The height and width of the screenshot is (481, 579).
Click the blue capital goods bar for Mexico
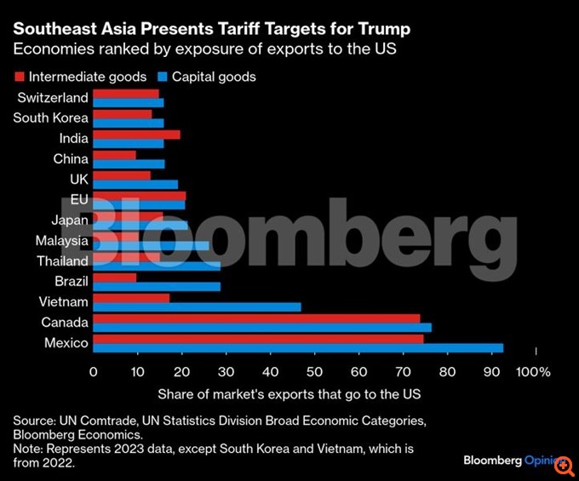pos(298,348)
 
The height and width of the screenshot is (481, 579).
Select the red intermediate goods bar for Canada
pos(256,318)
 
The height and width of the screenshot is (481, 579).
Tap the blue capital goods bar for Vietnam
pos(197,307)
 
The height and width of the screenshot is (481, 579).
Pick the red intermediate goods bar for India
pos(136,135)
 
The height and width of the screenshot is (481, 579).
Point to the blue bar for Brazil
pos(157,287)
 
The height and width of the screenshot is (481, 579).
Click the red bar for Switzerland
pos(125,94)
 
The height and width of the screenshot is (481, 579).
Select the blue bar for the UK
pos(135,185)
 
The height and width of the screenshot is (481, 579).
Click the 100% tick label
pos(534,372)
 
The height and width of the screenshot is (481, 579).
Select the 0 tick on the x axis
pos(94,372)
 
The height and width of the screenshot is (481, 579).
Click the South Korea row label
pos(50,118)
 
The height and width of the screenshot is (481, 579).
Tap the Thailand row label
pos(62,261)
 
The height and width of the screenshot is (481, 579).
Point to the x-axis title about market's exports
pos(289,395)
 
